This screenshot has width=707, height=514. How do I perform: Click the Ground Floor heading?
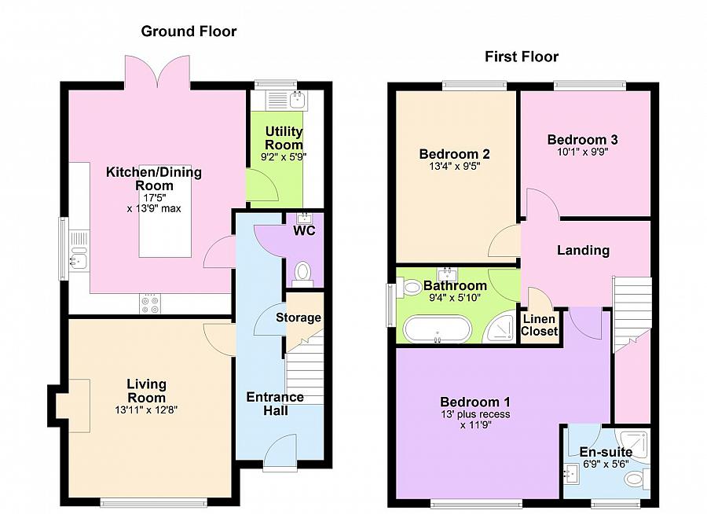click(189, 31)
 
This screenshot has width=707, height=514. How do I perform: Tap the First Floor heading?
click(522, 57)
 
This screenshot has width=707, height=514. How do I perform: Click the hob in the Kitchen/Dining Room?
click(150, 303)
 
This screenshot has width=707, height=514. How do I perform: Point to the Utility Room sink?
click(297, 99)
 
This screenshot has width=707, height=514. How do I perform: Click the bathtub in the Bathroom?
click(437, 329)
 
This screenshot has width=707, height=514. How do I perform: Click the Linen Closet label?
click(539, 325)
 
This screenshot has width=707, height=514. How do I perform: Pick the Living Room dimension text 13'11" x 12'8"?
click(146, 410)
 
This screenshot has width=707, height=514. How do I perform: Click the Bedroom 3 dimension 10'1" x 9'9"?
click(583, 152)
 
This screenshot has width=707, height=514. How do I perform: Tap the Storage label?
click(299, 318)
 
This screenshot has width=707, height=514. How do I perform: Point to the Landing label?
click(583, 250)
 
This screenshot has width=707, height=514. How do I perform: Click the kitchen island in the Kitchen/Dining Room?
click(165, 211)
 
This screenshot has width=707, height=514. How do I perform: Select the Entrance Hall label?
click(275, 403)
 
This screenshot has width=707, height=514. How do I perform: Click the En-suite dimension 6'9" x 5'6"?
click(606, 464)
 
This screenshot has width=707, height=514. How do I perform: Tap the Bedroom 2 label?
click(454, 154)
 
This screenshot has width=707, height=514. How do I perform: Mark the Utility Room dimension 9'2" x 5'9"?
click(284, 157)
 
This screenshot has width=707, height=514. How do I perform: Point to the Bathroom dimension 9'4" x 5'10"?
click(455, 297)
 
